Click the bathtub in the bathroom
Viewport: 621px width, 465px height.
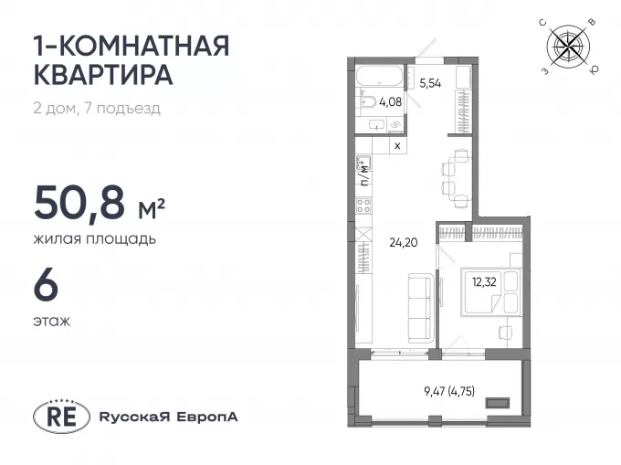pyautogui.click(x=379, y=76)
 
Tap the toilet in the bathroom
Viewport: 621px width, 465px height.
pyautogui.click(x=367, y=102)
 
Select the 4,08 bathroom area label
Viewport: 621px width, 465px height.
pyautogui.click(x=391, y=102)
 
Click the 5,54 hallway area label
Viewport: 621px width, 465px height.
pyautogui.click(x=430, y=83)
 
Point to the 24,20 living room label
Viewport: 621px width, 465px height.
pyautogui.click(x=404, y=242)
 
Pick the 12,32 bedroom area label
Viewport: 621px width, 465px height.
pyautogui.click(x=484, y=282)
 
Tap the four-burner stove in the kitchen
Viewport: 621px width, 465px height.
pyautogui.click(x=363, y=206)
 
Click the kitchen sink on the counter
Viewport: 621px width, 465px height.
pyautogui.click(x=363, y=164)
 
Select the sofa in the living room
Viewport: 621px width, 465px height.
pyautogui.click(x=420, y=309)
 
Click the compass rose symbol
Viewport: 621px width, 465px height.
pyautogui.click(x=568, y=46)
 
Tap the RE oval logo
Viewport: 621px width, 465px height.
pyautogui.click(x=61, y=417)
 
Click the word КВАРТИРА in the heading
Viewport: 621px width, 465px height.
pyautogui.click(x=104, y=74)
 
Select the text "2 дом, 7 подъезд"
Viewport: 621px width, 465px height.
pyautogui.click(x=97, y=108)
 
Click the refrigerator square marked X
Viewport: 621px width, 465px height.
pyautogui.click(x=397, y=145)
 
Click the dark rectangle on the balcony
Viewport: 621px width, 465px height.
pyautogui.click(x=499, y=403)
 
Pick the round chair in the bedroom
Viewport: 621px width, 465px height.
pyautogui.click(x=505, y=332)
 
